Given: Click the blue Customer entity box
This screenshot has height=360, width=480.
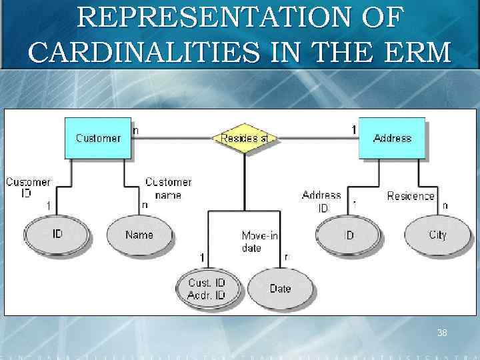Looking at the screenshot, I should pyautogui.click(x=98, y=138).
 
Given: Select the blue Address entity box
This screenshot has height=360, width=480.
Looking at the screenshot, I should pyautogui.click(x=391, y=138).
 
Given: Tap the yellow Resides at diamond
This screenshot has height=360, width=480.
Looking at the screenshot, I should pyautogui.click(x=245, y=138).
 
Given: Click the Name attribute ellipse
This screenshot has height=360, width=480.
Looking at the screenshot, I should pyautogui.click(x=139, y=235).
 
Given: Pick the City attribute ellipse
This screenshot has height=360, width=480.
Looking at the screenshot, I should pyautogui.click(x=437, y=235).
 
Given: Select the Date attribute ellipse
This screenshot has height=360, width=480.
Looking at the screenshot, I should pyautogui.click(x=280, y=289).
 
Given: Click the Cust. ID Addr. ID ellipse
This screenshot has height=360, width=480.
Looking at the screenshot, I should pyautogui.click(x=206, y=289).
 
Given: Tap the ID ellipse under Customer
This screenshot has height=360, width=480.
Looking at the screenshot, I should pyautogui.click(x=57, y=235).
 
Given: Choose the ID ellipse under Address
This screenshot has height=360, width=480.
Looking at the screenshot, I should pyautogui.click(x=349, y=235).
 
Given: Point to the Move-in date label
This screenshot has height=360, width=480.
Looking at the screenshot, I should pyautogui.click(x=259, y=241).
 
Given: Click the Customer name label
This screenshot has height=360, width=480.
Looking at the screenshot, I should pyautogui.click(x=168, y=188).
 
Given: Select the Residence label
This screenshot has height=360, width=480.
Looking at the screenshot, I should pyautogui.click(x=411, y=196).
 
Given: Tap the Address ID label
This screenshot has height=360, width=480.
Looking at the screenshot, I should pyautogui.click(x=321, y=201).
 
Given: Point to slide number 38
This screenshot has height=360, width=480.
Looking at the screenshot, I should pyautogui.click(x=441, y=333).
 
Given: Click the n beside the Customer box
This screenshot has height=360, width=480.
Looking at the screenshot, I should pyautogui.click(x=136, y=131).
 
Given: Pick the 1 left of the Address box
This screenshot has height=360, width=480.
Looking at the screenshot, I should pyautogui.click(x=353, y=131).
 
